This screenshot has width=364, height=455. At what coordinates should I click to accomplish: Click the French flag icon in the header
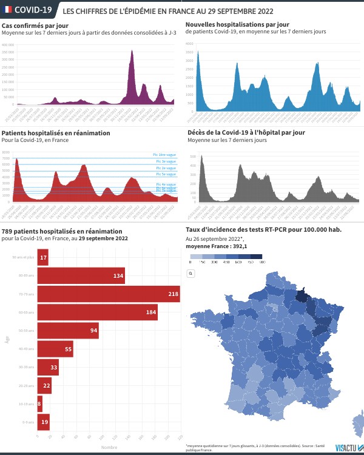pyautogui.click(x=7, y=10)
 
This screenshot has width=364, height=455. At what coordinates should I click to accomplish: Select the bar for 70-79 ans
pyautogui.click(x=109, y=294)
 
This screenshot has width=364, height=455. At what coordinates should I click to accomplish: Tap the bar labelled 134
pyautogui.click(x=81, y=277)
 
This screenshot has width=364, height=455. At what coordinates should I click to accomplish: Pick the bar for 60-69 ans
pyautogui.click(x=97, y=312)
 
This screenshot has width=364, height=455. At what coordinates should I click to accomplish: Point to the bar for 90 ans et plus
pyautogui.click(x=42, y=258)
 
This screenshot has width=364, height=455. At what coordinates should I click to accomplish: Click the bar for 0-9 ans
pyautogui.click(x=43, y=421)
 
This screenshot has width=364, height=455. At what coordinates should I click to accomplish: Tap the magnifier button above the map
pyautogui.click(x=190, y=274)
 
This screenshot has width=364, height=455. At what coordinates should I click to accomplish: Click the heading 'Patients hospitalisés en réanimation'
pyautogui.click(x=56, y=132)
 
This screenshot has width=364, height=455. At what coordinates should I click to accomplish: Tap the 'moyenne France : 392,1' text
pyautogui.click(x=217, y=246)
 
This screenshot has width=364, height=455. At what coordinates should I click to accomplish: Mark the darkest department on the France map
pyautogui.click(x=300, y=295)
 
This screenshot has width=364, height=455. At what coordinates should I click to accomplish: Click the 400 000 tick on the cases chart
pyautogui.click(x=8, y=45)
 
